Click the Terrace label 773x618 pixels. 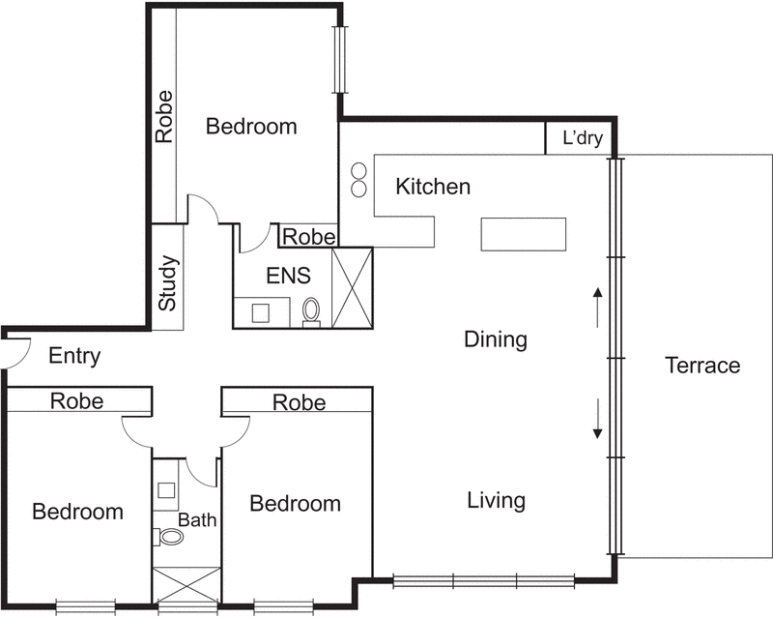(702, 366)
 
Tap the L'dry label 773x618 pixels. (583, 139)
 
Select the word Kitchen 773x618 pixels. (433, 187)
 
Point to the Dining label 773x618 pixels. (496, 339)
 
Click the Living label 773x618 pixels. (496, 501)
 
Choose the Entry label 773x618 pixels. (74, 357)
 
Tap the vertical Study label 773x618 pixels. (167, 282)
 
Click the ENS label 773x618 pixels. (289, 277)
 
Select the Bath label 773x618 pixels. (197, 520)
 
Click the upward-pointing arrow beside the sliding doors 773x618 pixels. (597, 306)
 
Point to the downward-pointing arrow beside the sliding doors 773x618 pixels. (597, 417)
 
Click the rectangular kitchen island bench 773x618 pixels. (524, 234)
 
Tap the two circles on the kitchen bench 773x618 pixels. (358, 179)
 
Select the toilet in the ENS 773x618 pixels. (311, 311)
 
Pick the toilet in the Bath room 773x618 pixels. (169, 536)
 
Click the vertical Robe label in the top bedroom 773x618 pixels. (165, 116)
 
